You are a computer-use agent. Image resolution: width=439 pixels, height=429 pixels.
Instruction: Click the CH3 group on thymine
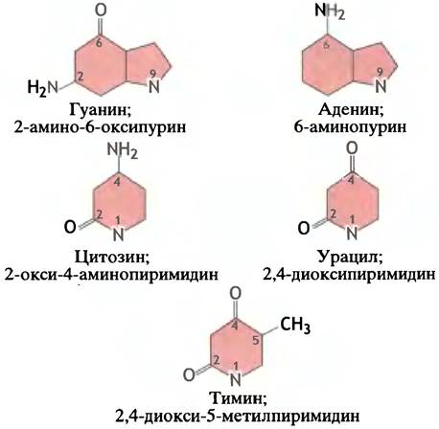coord(295,326)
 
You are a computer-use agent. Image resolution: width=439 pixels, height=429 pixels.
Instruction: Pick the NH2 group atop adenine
coord(330,11)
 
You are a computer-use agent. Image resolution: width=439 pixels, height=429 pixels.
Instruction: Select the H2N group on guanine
coord(43,88)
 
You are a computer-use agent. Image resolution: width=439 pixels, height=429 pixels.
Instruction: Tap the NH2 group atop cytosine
coord(123,150)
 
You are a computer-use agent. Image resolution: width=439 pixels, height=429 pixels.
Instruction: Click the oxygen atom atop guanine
coord(101,11)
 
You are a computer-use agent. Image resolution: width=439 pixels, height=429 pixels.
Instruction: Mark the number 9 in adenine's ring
coord(380,73)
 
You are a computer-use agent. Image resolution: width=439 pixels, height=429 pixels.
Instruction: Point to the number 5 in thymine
coord(255,341)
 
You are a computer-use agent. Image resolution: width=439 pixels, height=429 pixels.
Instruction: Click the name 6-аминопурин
coord(350,127)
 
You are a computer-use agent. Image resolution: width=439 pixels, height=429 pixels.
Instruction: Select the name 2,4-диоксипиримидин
coord(349,274)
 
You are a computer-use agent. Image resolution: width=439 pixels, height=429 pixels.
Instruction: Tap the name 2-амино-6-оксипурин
coord(100,127)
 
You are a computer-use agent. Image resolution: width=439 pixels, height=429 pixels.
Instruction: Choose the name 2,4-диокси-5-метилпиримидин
coord(237,416)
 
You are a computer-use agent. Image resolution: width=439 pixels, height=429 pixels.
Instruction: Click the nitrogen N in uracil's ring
coord(352,234)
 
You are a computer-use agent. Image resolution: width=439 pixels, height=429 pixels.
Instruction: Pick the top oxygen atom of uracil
coord(352,148)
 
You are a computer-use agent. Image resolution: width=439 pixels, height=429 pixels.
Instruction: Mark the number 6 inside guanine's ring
coord(99,43)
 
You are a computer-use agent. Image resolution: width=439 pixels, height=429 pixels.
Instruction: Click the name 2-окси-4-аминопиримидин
coord(111,275)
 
